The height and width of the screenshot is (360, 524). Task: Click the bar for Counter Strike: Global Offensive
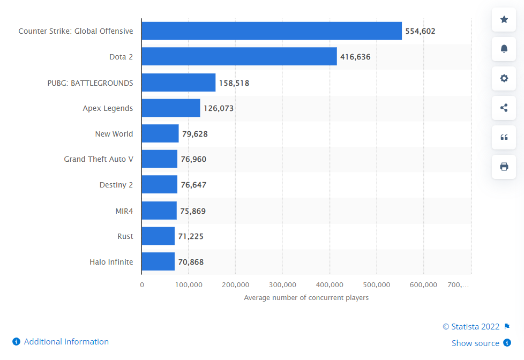point(272,31)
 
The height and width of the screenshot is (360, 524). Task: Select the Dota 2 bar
point(239,56)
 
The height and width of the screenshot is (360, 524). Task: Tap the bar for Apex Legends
point(171,108)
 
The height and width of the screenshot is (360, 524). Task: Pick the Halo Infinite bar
point(158,262)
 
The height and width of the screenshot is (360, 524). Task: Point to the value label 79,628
point(195,134)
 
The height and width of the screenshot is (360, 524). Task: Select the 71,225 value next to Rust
point(191,236)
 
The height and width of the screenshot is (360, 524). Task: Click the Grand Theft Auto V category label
point(99,159)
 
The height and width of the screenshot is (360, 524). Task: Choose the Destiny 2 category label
point(116,185)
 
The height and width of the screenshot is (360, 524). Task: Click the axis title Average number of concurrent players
point(306,297)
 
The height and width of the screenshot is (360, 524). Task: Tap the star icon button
point(504,20)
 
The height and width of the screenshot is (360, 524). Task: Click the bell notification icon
point(504,49)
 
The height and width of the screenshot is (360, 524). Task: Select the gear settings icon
point(504,78)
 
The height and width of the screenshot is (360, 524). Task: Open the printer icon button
point(504,167)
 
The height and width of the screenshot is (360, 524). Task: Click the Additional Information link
point(66,342)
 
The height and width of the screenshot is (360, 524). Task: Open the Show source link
point(475,343)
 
